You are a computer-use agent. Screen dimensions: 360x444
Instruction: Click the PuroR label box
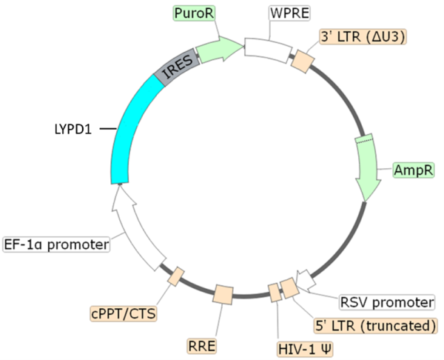192,13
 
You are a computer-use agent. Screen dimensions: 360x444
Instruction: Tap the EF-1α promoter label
56,243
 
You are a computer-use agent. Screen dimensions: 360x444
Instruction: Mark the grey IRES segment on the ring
178,70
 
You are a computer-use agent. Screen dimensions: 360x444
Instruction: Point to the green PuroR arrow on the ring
221,50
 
